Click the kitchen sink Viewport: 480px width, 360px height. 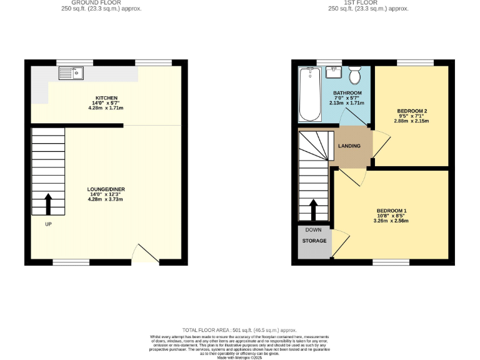point(71,74)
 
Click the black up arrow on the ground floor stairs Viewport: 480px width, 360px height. point(48,204)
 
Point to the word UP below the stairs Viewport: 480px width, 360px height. point(48,224)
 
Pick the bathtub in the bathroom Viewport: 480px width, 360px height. point(310,94)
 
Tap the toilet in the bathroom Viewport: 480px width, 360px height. point(354,76)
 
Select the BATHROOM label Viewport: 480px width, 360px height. point(347,93)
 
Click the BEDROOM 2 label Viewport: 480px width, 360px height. point(412,111)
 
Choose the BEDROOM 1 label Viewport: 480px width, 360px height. point(391,210)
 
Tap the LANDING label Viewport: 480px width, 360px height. point(349,146)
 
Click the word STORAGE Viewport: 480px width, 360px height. point(314,241)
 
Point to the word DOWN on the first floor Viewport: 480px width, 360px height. point(314,230)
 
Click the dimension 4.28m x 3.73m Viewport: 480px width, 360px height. point(106,199)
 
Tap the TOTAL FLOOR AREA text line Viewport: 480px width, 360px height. point(239,329)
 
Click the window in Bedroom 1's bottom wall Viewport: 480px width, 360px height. point(391,262)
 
